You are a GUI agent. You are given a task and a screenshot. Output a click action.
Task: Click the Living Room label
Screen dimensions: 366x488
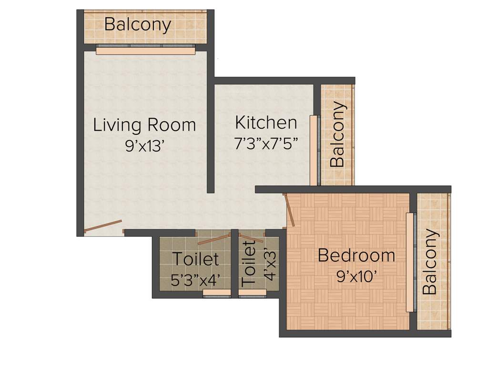pyautogui.click(x=144, y=125)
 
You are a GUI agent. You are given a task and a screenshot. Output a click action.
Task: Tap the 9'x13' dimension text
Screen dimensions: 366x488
pyautogui.click(x=145, y=146)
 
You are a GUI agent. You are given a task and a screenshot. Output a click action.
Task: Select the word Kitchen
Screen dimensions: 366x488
pyautogui.click(x=266, y=122)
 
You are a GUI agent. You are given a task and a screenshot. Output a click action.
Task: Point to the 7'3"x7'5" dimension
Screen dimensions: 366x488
pyautogui.click(x=266, y=143)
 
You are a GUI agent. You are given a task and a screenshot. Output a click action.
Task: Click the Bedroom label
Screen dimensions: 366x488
pyautogui.click(x=356, y=255)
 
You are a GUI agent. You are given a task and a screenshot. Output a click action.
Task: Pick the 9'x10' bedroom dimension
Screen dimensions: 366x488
pyautogui.click(x=356, y=276)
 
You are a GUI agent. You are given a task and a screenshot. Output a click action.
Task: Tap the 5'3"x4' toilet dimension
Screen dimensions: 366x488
pyautogui.click(x=195, y=280)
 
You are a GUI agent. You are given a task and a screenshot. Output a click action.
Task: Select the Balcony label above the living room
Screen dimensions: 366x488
pyautogui.click(x=137, y=25)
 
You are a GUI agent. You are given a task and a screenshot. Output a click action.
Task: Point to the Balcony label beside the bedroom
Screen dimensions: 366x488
pyautogui.click(x=430, y=262)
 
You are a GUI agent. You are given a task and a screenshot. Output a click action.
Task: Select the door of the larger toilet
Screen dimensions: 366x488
pyautogui.click(x=214, y=239)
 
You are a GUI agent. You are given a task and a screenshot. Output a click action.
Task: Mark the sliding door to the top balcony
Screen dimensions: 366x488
pyautogui.click(x=146, y=51)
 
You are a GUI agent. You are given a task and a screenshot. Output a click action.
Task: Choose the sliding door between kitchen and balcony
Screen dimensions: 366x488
pyautogui.click(x=314, y=150)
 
